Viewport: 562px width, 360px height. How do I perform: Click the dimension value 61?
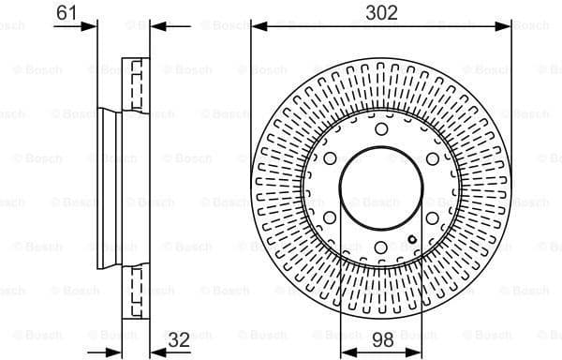tap(66, 12)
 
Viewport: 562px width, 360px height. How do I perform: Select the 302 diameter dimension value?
tap(381, 12)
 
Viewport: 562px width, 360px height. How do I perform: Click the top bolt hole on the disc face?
tap(381, 128)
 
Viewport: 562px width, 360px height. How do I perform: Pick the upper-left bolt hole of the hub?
tap(330, 158)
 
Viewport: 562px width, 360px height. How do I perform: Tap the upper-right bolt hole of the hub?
tap(433, 158)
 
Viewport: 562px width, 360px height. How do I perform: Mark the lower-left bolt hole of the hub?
tap(330, 218)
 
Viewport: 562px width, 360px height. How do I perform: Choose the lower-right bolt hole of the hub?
tap(433, 218)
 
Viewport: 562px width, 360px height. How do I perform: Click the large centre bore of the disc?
tap(381, 188)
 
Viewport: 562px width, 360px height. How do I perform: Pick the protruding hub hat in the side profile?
tap(108, 187)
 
